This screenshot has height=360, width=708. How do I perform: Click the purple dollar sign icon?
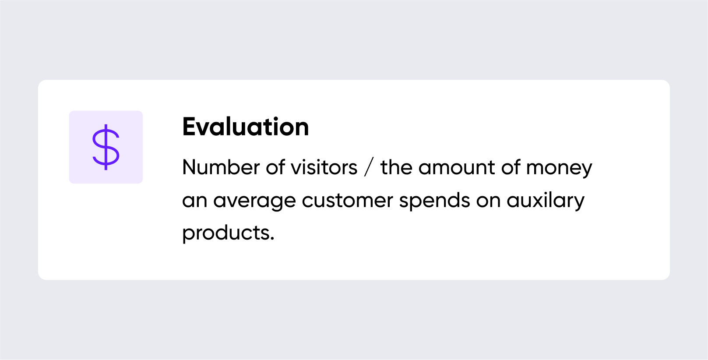coord(106,147)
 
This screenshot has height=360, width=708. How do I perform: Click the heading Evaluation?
coord(245,127)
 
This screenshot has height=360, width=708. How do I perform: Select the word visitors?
coord(324,167)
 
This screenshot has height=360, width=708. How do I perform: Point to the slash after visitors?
coord(369,167)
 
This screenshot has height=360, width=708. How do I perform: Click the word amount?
coord(457,167)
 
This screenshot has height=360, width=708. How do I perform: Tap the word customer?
coord(347,201)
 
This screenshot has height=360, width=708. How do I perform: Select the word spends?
coord(435,201)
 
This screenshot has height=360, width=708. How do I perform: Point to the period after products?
coord(272,239)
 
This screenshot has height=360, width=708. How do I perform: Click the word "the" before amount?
coord(396,167)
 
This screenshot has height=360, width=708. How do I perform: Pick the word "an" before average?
coord(195,201)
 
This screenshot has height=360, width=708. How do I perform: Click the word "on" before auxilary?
coord(489,201)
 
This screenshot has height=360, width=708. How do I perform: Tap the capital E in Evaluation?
coord(189,127)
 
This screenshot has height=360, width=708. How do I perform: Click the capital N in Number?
coord(190,167)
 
